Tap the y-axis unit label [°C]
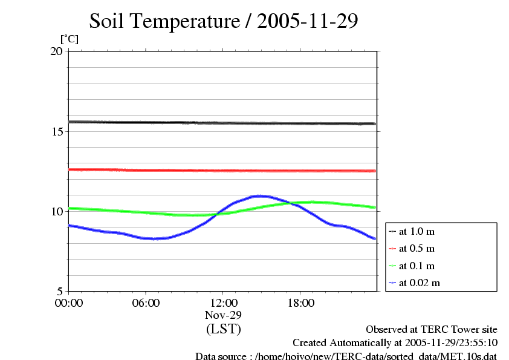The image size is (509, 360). click(69, 39)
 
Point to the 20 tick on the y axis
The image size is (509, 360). click(56, 51)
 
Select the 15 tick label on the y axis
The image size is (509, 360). click(56, 131)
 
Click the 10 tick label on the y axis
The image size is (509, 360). click(56, 211)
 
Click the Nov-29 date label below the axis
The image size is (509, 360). click(223, 315)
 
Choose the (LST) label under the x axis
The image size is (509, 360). click(223, 329)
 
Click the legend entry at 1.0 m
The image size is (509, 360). click(417, 232)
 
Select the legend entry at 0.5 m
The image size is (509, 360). click(417, 249)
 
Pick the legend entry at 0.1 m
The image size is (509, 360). click(417, 266)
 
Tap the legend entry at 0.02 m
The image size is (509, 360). click(419, 283)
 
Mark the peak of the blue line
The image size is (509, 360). click(260, 196)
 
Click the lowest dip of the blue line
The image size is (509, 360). click(156, 238)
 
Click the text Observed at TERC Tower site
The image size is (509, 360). click(432, 329)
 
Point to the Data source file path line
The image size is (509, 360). click(346, 356)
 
